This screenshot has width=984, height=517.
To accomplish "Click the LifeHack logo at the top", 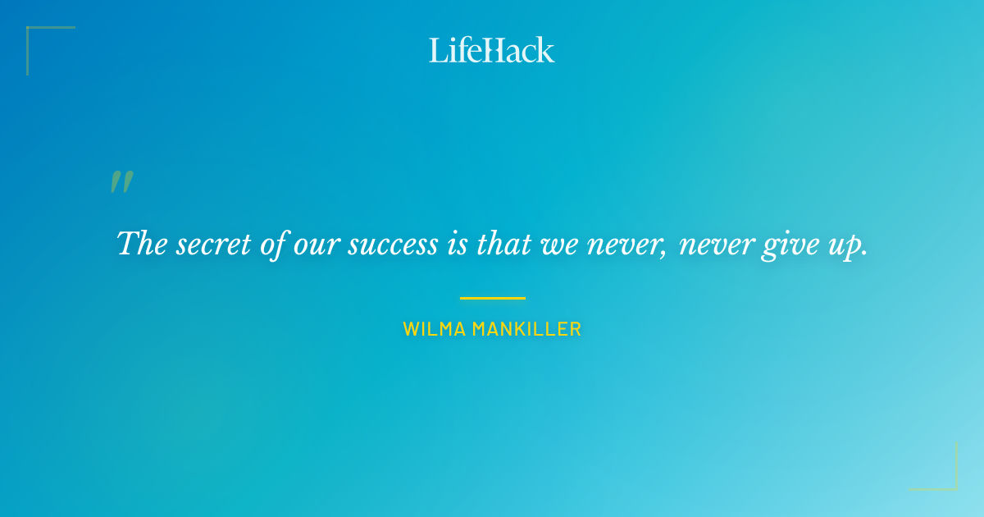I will click(491, 50).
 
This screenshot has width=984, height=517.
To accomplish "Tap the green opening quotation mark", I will click(121, 182).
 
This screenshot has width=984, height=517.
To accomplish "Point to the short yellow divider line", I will click(492, 298).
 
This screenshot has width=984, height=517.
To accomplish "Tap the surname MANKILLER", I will click(526, 330).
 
